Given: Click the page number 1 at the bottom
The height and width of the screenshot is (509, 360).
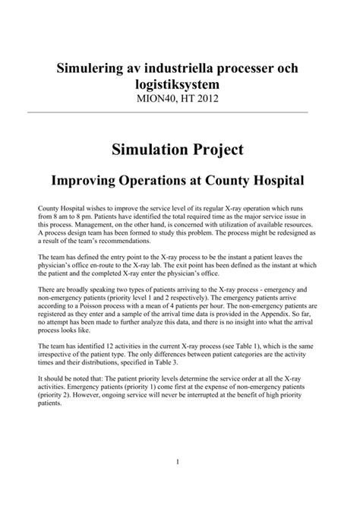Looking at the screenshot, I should tap(176, 483).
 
